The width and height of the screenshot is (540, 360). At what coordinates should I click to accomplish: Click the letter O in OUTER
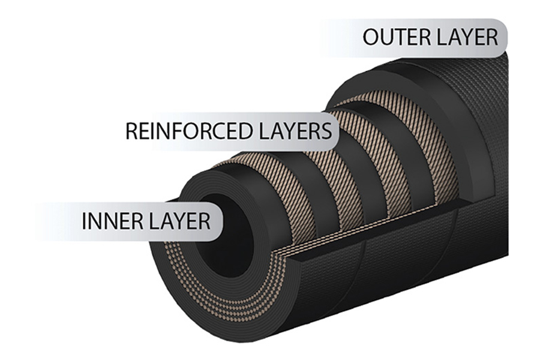coord(370,37)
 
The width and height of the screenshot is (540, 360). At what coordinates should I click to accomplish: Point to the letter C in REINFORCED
coord(214,131)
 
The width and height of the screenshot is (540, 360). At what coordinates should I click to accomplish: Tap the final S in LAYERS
coord(326,131)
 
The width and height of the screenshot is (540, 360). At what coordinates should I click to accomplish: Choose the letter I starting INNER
coord(83,221)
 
